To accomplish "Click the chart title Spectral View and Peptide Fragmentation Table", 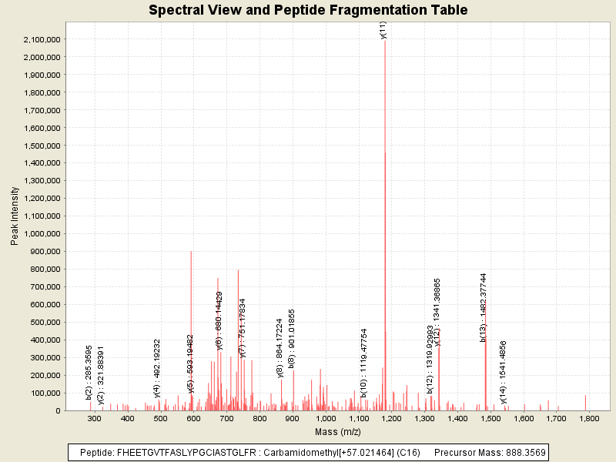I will (308, 11).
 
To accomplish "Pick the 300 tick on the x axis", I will (95, 418).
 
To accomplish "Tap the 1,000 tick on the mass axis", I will (326, 418).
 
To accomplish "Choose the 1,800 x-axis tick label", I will (590, 418).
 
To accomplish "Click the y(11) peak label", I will (383, 29).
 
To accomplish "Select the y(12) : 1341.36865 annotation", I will (437, 312).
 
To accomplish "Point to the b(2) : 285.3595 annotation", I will (89, 372).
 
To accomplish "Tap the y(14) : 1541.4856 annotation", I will (504, 372).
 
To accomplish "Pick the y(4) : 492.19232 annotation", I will (157, 368).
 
